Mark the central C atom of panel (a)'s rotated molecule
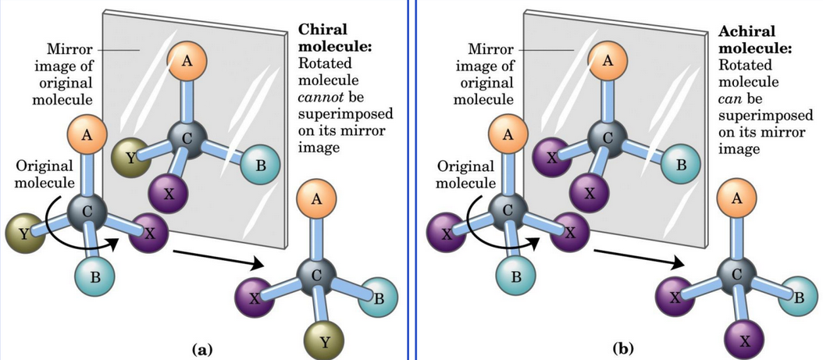(x=317, y=273)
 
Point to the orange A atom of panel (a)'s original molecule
(x=87, y=136)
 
